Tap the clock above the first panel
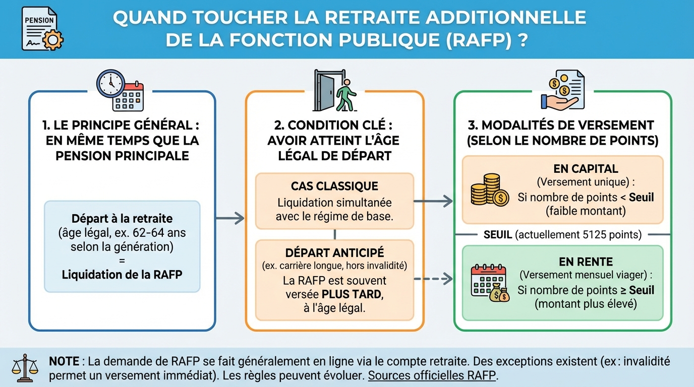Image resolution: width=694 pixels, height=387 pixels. pyautogui.click(x=110, y=83)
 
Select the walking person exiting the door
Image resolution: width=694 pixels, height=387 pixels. pyautogui.click(x=345, y=95)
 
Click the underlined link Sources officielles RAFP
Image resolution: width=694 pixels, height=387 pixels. pyautogui.click(x=432, y=376)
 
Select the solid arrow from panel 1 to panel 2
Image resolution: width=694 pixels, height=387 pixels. pyautogui.click(x=230, y=218)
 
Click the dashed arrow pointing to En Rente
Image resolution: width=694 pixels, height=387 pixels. pyautogui.click(x=433, y=278)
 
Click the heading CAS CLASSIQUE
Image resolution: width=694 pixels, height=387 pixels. pyautogui.click(x=334, y=186)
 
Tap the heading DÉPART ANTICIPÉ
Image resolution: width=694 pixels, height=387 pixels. pyautogui.click(x=334, y=252)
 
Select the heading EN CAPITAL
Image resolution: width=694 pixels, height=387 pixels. pyautogui.click(x=586, y=169)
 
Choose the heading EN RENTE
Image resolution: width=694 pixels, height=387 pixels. pyautogui.click(x=586, y=262)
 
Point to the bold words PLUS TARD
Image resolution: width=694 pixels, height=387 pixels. pyautogui.click(x=353, y=294)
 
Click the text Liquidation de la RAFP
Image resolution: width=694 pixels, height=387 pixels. pyautogui.click(x=122, y=275)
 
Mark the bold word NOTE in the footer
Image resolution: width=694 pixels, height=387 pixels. pyautogui.click(x=64, y=361)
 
